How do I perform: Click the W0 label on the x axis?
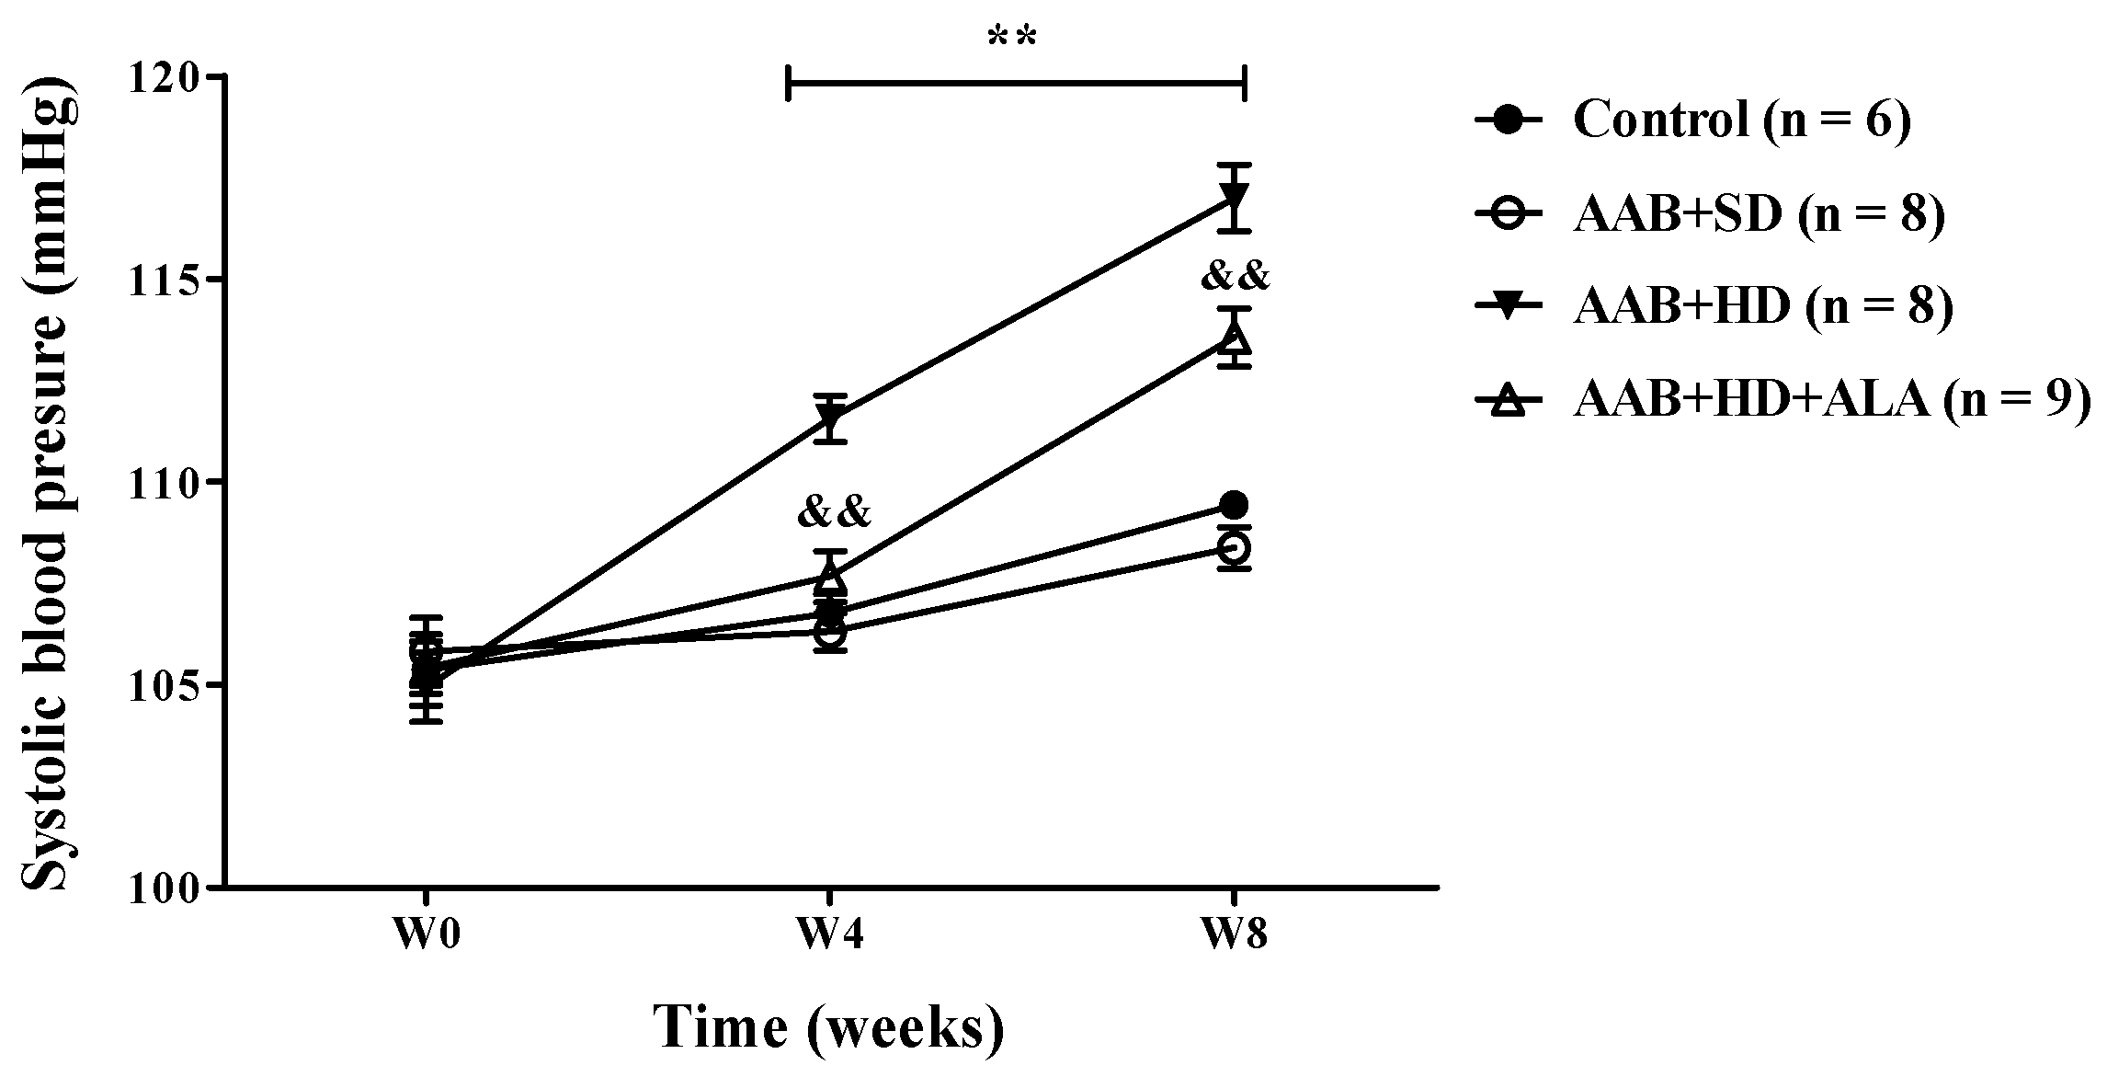point(426,935)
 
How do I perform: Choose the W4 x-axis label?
point(830,935)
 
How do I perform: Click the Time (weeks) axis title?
point(829,1028)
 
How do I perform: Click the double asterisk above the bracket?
point(1013,38)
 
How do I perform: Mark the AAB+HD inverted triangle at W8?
point(1234,197)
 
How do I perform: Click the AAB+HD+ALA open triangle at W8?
point(1234,338)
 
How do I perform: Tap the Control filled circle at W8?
point(1234,504)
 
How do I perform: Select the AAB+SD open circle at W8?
point(1234,548)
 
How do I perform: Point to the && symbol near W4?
point(834,512)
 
